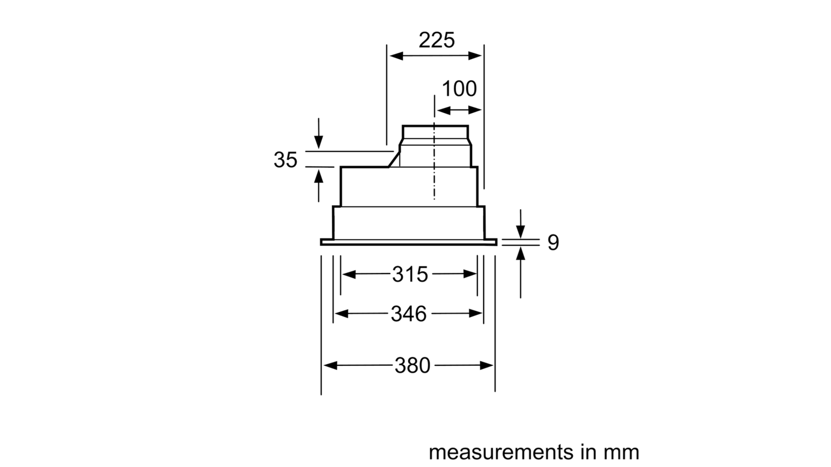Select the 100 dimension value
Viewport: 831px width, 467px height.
click(459, 89)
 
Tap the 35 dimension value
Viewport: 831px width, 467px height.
click(286, 160)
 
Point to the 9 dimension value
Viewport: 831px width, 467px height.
click(552, 242)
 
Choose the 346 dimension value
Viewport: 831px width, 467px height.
click(409, 314)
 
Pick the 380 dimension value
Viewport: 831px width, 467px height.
click(413, 365)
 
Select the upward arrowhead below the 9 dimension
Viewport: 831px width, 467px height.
click(520, 252)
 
